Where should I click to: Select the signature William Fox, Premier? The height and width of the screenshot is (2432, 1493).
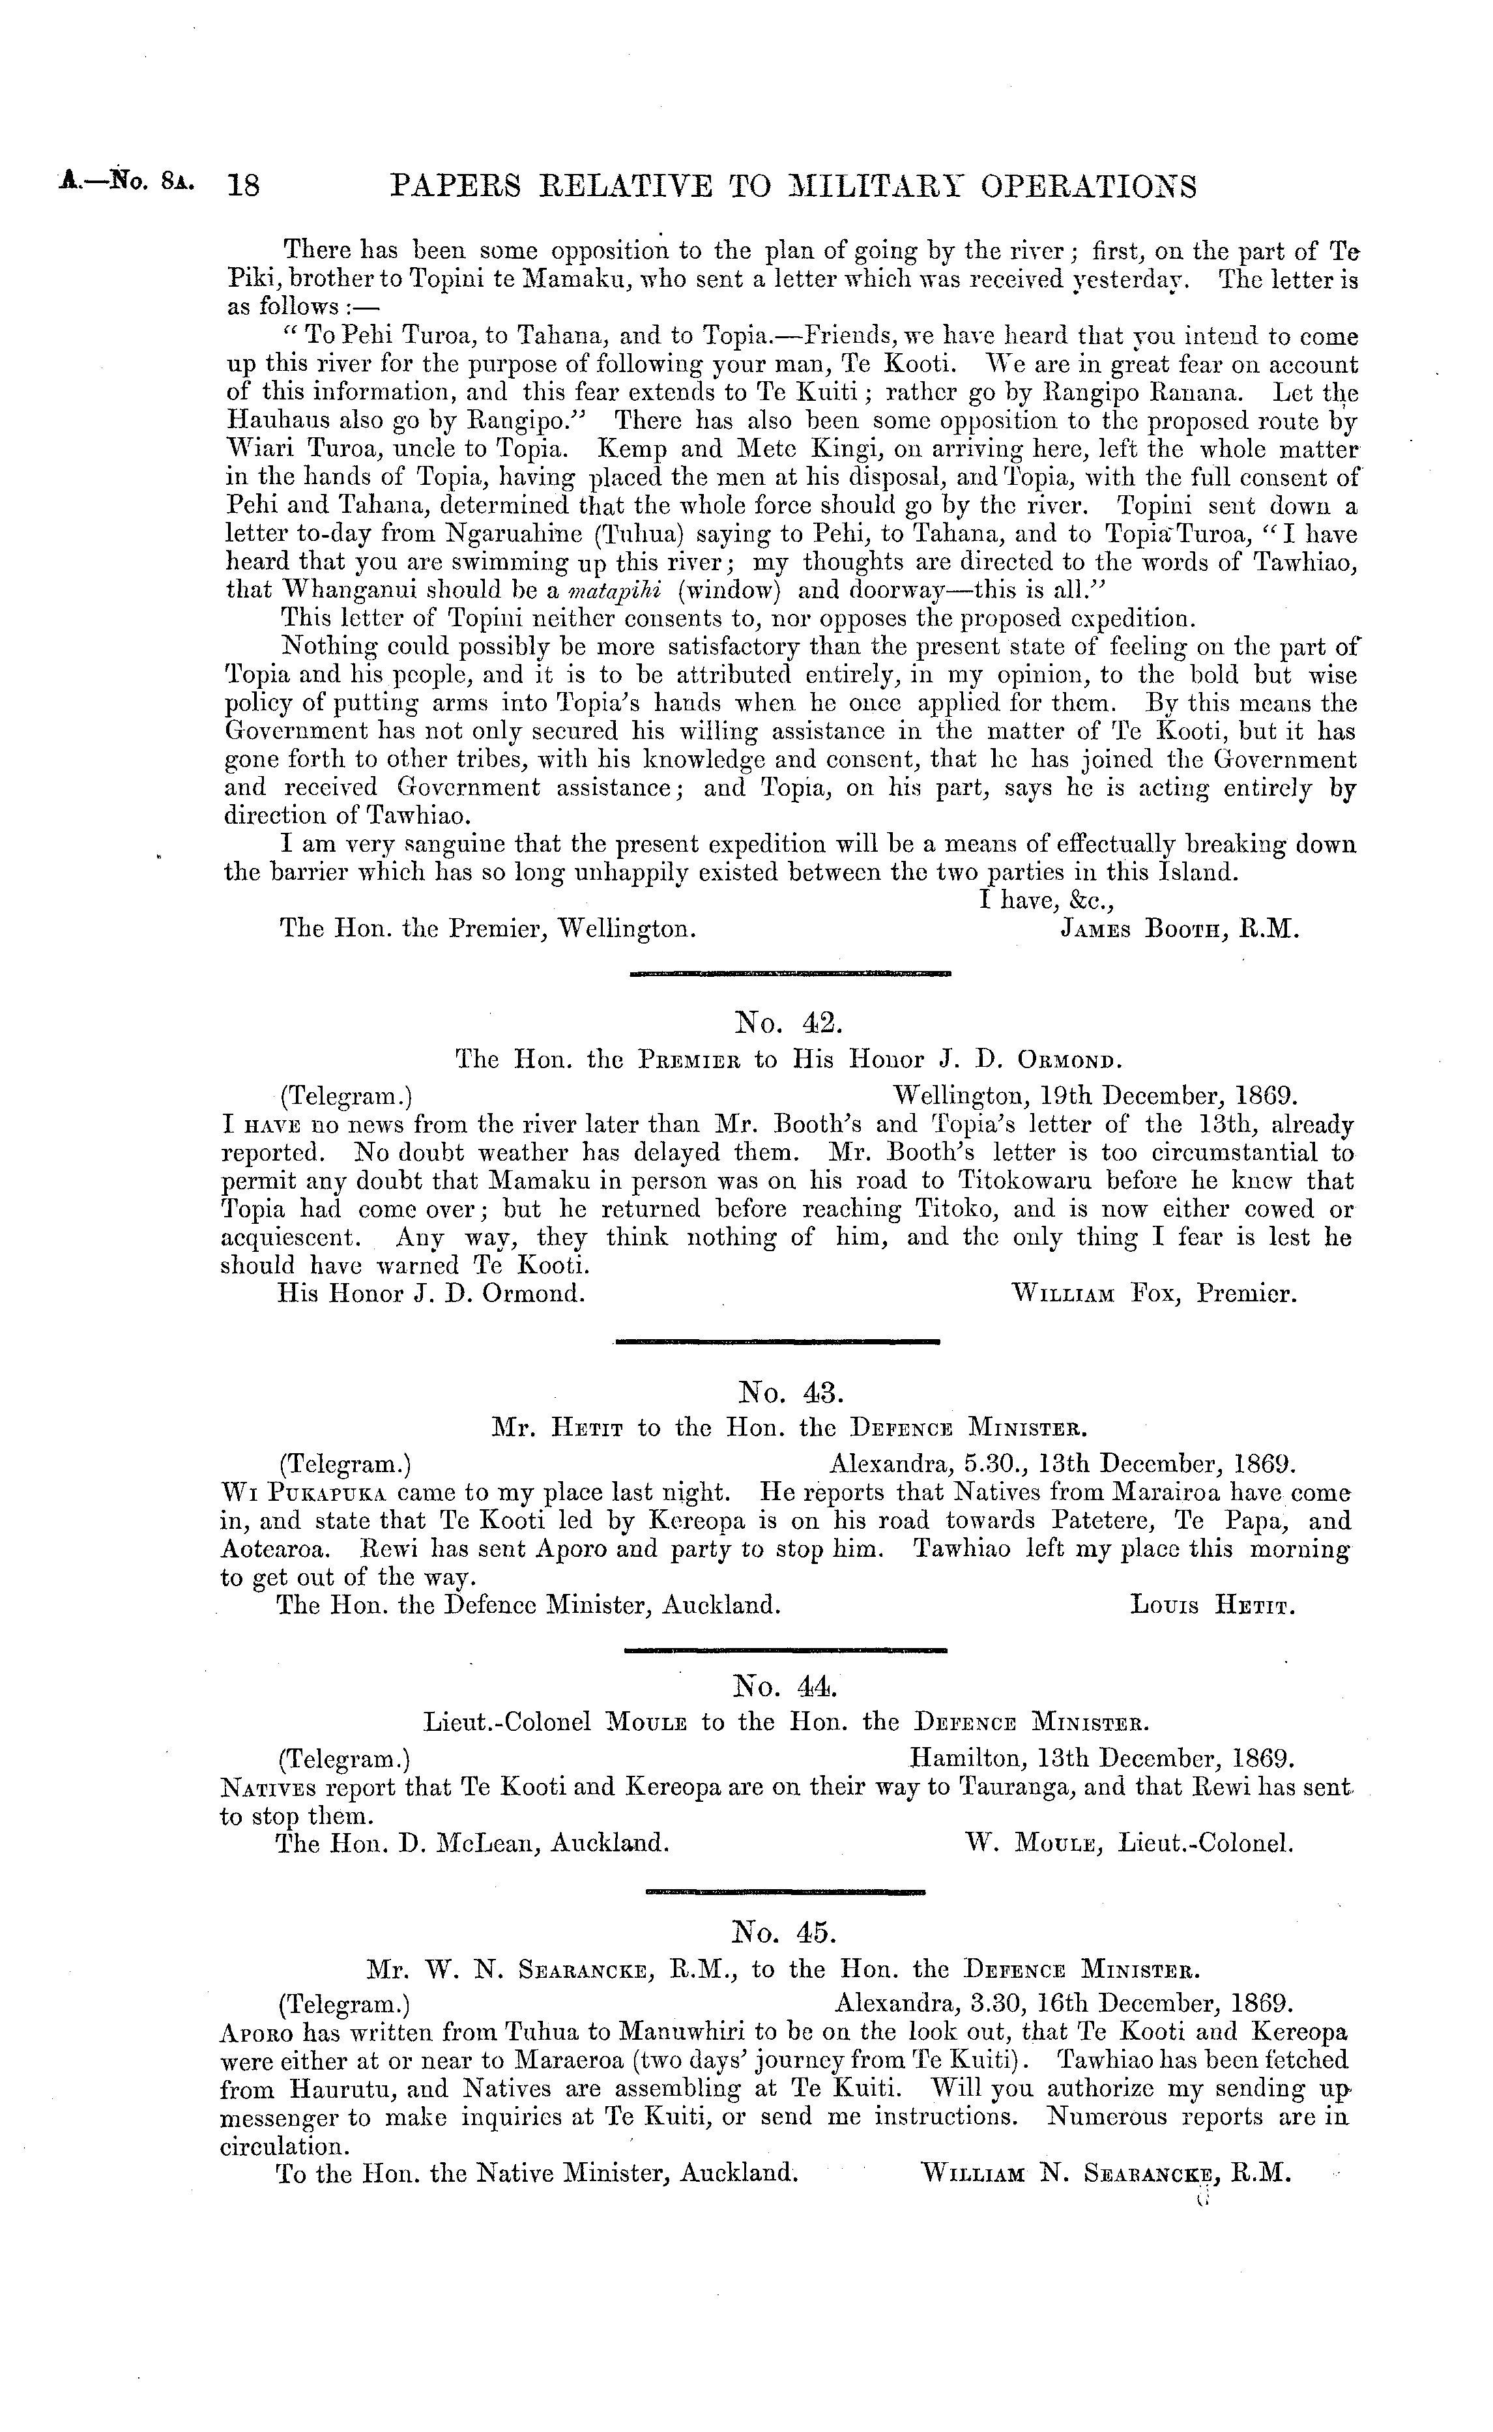(1153, 1294)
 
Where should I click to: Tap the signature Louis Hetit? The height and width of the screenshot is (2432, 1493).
(1213, 1606)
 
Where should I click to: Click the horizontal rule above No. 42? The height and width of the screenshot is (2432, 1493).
(789, 972)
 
